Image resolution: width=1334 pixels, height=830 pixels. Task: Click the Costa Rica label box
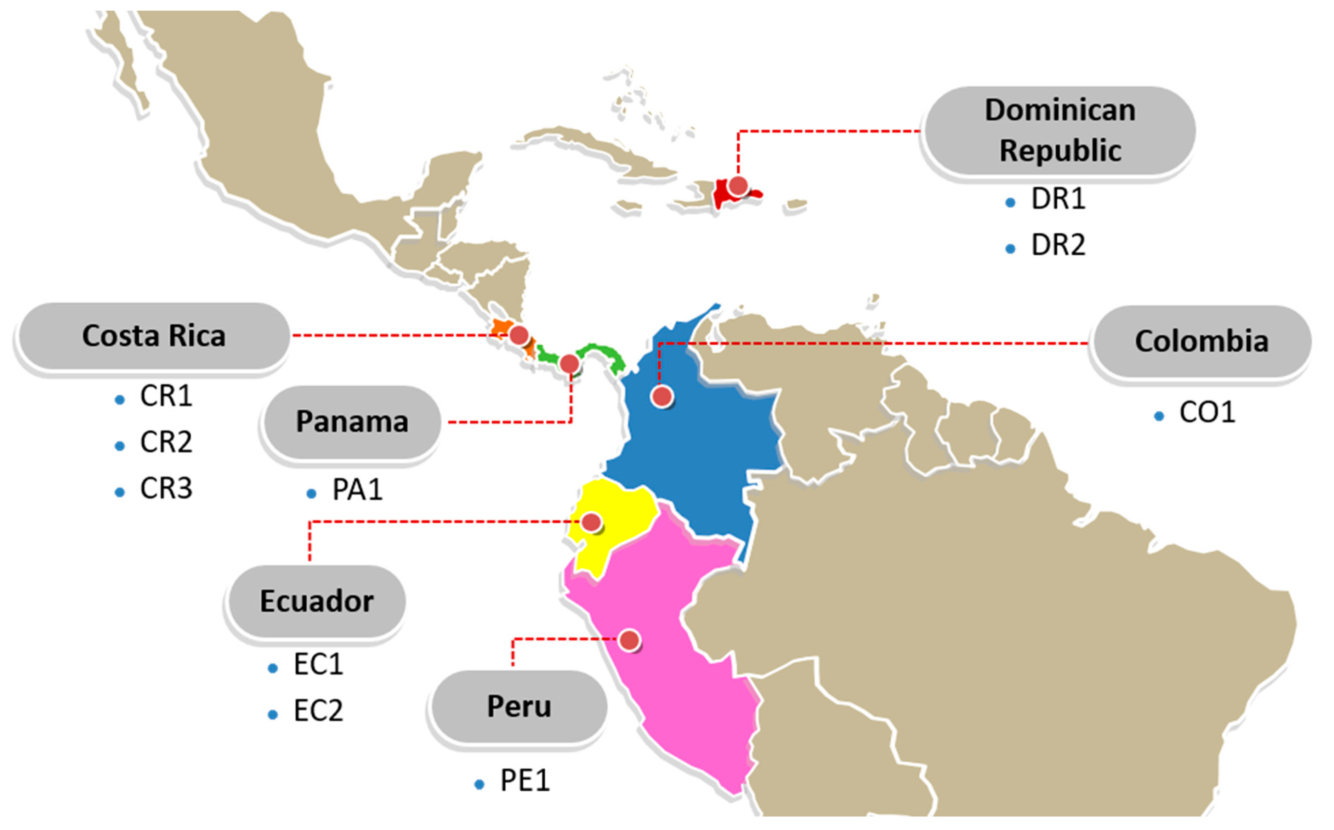(x=154, y=336)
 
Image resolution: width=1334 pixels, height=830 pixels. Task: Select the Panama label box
(x=351, y=422)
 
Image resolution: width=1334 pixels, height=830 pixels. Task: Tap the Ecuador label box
(x=316, y=601)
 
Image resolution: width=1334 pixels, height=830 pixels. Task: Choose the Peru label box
(x=519, y=706)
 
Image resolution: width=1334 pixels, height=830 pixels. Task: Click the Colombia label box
(x=1201, y=341)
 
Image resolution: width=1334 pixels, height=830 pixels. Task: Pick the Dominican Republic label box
(x=1060, y=131)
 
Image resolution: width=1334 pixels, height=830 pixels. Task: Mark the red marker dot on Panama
(x=569, y=363)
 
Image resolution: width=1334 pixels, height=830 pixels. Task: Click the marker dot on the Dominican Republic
(x=738, y=186)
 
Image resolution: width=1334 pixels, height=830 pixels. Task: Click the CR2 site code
(x=166, y=442)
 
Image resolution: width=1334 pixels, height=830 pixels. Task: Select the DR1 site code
(x=1058, y=199)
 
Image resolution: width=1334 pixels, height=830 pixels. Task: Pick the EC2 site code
(x=318, y=711)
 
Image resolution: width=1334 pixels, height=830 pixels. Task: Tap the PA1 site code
(x=357, y=490)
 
